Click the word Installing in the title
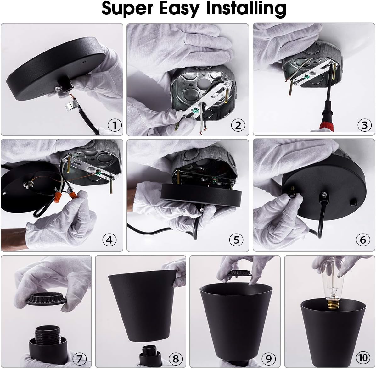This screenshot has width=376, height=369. (246, 9)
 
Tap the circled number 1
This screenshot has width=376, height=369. (115, 125)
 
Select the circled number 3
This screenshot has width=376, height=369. (364, 125)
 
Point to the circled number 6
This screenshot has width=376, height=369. (363, 240)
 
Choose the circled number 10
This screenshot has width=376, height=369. (362, 357)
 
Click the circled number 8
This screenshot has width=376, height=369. (175, 358)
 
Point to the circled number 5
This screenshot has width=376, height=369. (236, 240)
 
